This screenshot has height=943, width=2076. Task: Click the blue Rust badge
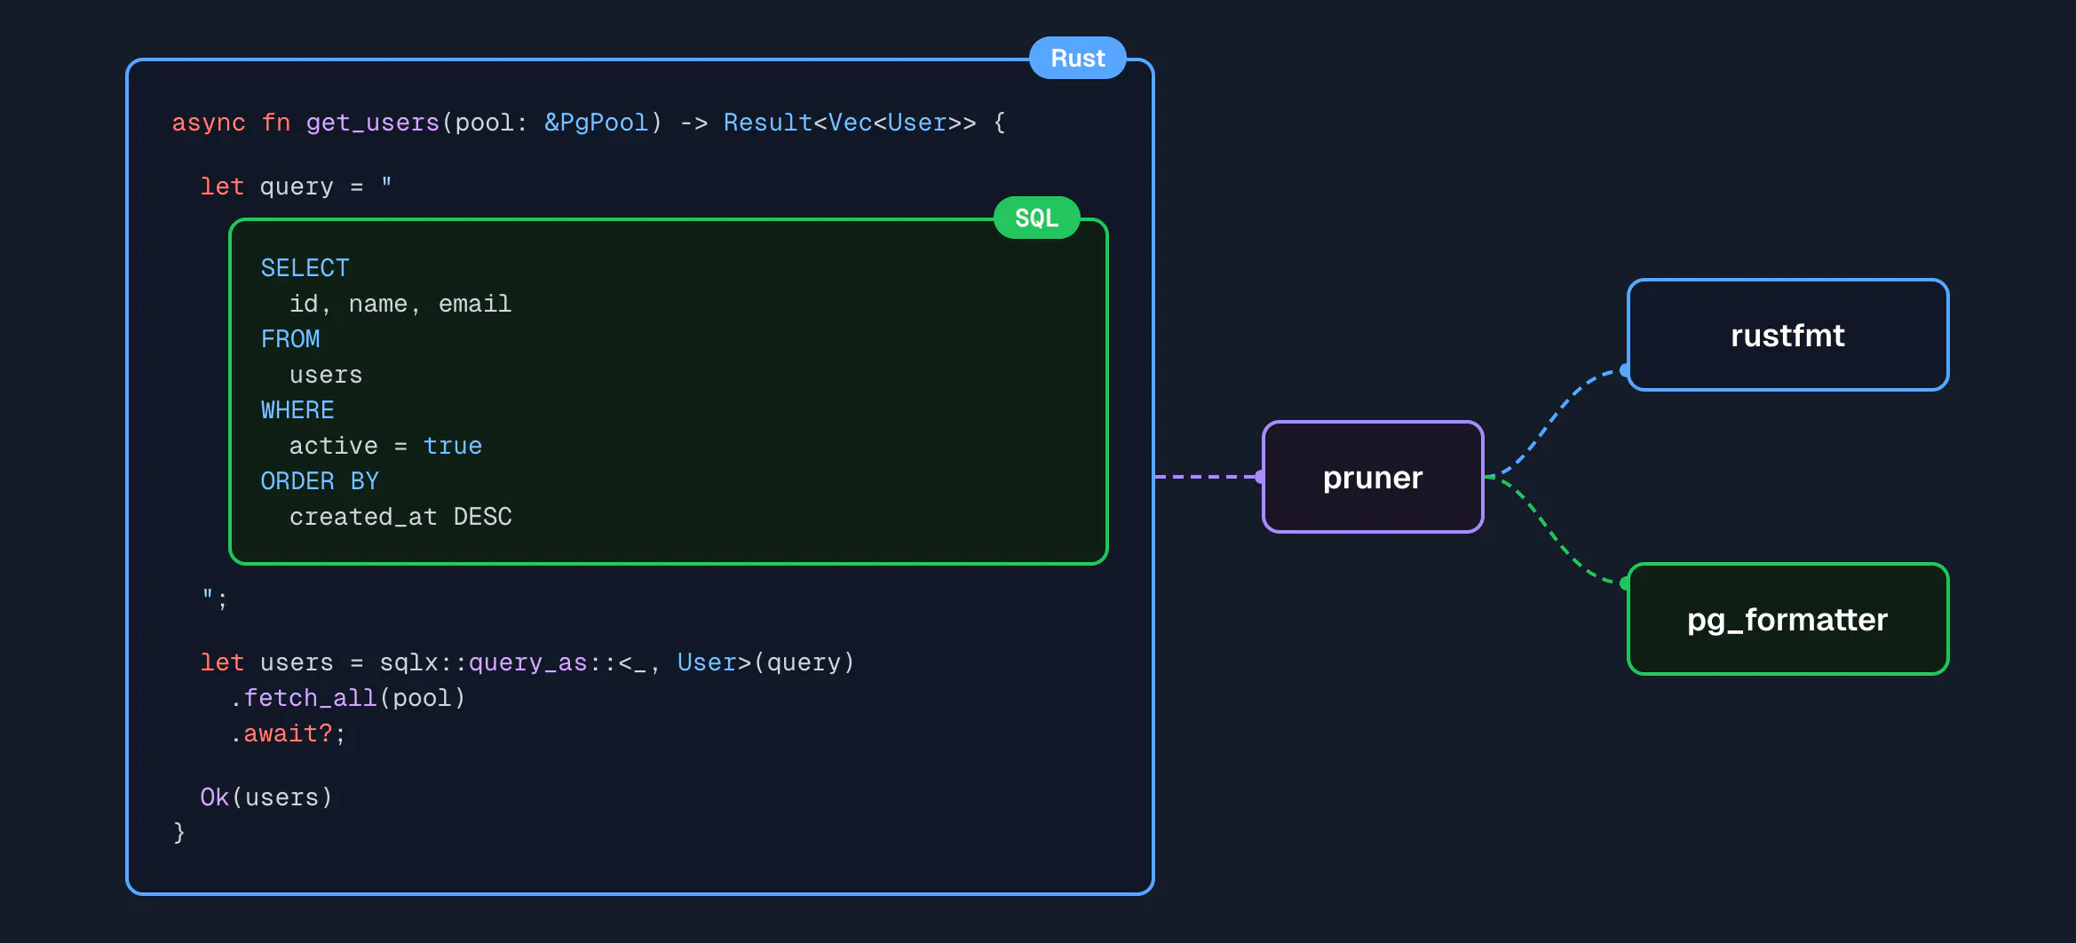click(x=1077, y=59)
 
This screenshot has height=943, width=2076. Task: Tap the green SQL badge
click(x=1036, y=218)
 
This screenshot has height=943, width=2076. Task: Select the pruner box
click(x=1373, y=478)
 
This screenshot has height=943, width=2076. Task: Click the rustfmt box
click(x=1787, y=336)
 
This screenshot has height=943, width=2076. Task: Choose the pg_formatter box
click(x=1787, y=620)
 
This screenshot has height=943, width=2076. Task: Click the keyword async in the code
click(x=209, y=123)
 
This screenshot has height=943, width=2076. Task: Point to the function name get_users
click(x=373, y=123)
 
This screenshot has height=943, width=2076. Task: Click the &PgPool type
click(x=597, y=123)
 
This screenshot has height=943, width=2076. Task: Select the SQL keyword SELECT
click(x=305, y=268)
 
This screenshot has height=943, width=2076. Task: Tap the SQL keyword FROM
click(x=290, y=339)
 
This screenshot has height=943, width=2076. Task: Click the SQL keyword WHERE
click(x=297, y=410)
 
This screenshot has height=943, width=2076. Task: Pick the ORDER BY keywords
click(x=320, y=481)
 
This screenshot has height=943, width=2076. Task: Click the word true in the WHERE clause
click(x=453, y=446)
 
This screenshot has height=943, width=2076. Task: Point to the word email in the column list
click(x=475, y=304)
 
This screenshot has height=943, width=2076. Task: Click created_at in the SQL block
click(x=363, y=517)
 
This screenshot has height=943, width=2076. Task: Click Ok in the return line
click(x=214, y=797)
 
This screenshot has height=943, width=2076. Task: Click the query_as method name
click(x=527, y=662)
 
